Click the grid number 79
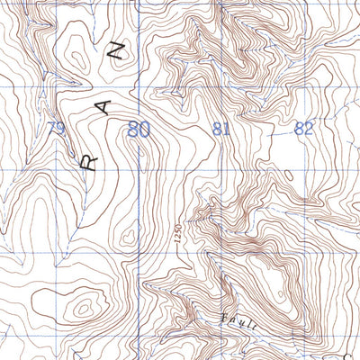[x=57, y=131]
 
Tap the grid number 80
[x=139, y=130]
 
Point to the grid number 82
[x=304, y=129]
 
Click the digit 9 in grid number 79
[x=61, y=131]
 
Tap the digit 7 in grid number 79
[x=51, y=131]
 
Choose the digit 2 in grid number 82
[x=310, y=129]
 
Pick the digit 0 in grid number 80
[x=144, y=130]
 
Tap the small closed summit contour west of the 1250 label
[x=144, y=236]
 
